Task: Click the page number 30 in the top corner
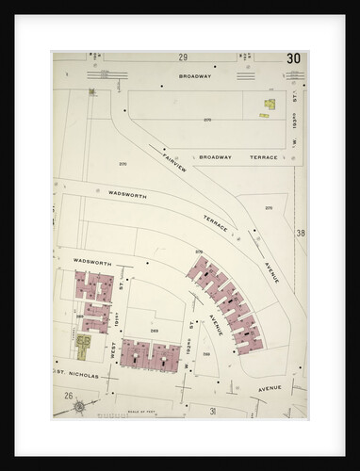[293, 58]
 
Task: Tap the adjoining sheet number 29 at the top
[183, 57]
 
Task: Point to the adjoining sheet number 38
[300, 233]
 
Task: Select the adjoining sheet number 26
[69, 397]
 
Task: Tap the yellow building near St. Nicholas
[83, 346]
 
